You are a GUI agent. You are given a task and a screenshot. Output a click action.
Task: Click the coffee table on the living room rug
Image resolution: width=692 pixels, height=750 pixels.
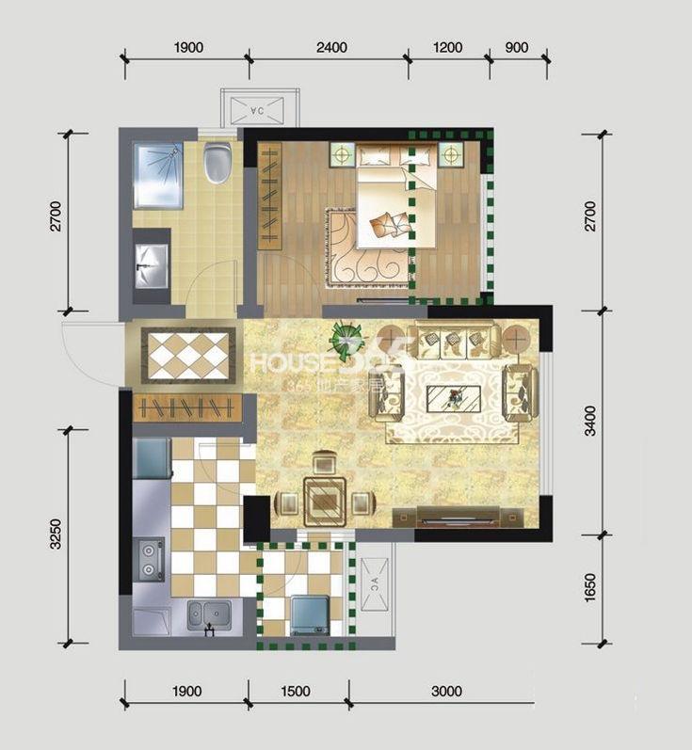[456, 397]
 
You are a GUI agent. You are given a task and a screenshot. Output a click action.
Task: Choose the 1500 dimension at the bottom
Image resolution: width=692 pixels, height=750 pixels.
[295, 692]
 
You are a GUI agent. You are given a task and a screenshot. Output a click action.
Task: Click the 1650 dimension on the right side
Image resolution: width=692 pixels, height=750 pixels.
[590, 590]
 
